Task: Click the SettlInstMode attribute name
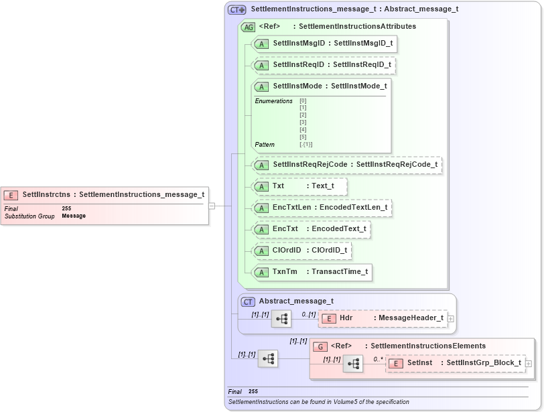297,86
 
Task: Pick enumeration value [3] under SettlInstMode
303,123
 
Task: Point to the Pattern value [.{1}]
306,145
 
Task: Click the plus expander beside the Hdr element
451,319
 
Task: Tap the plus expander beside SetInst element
529,363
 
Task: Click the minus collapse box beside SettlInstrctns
212,206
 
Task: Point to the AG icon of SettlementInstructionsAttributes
248,27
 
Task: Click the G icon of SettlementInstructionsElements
321,346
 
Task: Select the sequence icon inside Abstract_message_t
281,319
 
